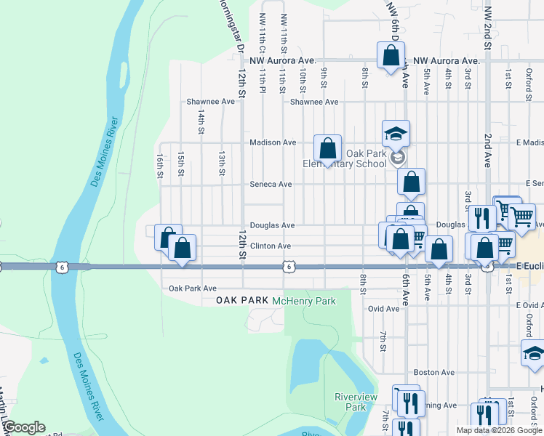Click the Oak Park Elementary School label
click(345, 158)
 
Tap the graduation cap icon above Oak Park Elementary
click(396, 133)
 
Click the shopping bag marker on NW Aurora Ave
click(391, 54)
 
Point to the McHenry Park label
click(304, 301)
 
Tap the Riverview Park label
click(355, 402)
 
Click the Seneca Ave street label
click(271, 185)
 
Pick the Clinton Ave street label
click(271, 246)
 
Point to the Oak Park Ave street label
click(193, 288)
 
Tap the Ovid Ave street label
click(383, 309)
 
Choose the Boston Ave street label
click(435, 372)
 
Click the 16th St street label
click(159, 165)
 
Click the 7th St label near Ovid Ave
click(383, 341)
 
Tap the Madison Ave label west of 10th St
click(271, 142)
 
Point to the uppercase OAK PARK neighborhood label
click(241, 301)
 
